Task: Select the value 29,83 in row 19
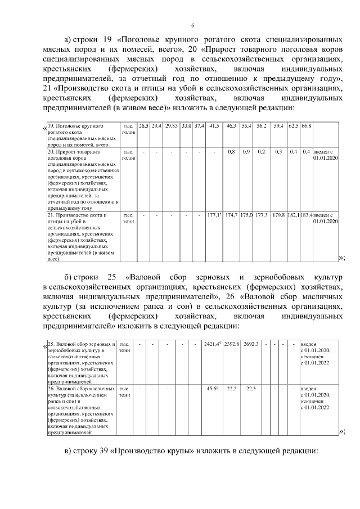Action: coord(172,125)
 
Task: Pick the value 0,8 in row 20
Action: coord(231,152)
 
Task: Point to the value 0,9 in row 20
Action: coord(246,152)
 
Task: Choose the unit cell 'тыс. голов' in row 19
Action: coord(128,128)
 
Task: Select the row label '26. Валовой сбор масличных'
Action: coord(82,411)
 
